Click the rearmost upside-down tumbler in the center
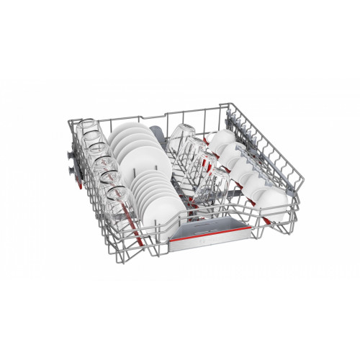pos(180,134)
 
